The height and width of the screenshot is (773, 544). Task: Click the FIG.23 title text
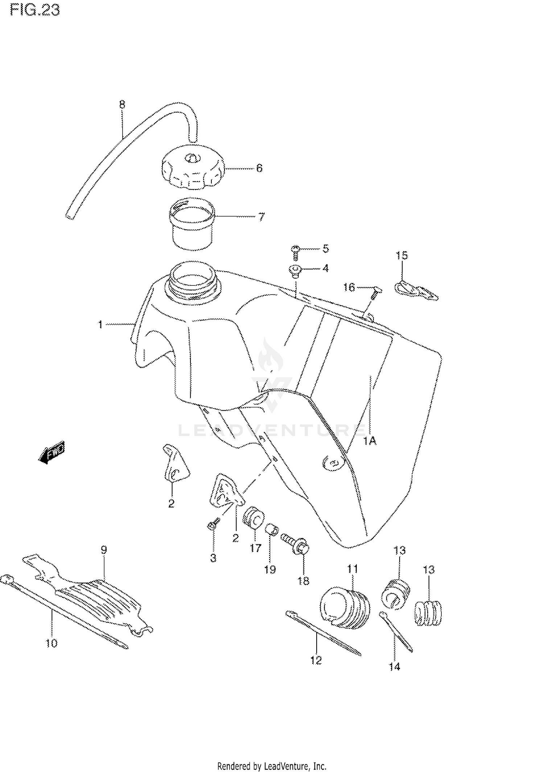coord(35,10)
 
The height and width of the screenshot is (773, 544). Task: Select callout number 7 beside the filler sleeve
coord(261,217)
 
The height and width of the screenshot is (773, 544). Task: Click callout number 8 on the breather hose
coord(122,105)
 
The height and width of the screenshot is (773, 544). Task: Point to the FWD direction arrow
coord(51,452)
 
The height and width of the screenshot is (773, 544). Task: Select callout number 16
coord(349,288)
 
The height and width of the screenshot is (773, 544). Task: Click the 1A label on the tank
coord(370,441)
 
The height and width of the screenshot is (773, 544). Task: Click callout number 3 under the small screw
coord(213,558)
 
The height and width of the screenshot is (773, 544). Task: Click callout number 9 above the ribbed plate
coord(104,550)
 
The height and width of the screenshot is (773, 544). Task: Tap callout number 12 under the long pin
coord(316,660)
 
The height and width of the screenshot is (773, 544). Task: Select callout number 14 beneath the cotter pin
coord(394,666)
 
